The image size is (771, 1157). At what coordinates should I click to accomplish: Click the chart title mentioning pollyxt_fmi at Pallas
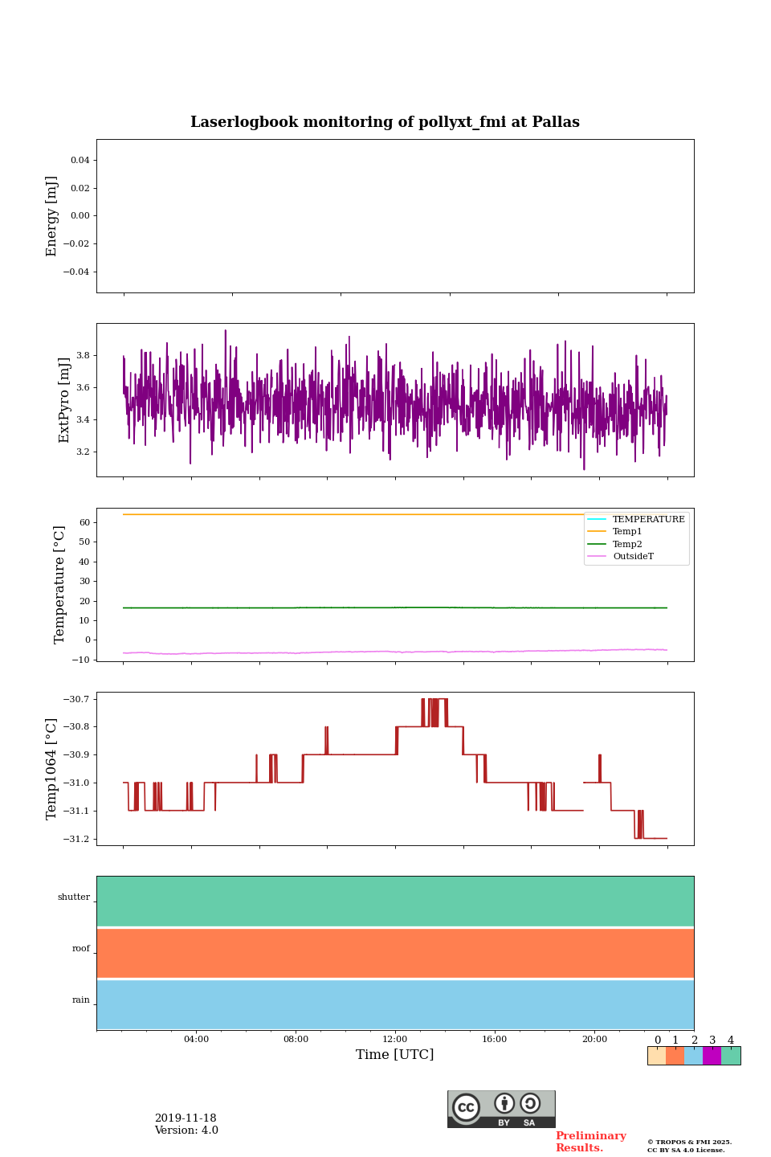pyautogui.click(x=385, y=122)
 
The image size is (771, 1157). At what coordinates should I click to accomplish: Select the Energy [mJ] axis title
pyautogui.click(x=52, y=216)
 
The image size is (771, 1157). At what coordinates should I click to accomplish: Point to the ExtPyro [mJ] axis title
pyautogui.click(x=64, y=400)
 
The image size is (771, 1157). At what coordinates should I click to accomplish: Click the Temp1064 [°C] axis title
pyautogui.click(x=52, y=769)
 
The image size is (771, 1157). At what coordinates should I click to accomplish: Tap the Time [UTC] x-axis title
pyautogui.click(x=394, y=1054)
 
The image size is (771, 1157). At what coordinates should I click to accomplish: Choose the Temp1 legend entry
pyautogui.click(x=627, y=532)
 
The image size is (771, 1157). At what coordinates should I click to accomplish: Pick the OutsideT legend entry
pyautogui.click(x=633, y=556)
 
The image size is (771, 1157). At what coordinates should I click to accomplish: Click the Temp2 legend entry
pyautogui.click(x=627, y=544)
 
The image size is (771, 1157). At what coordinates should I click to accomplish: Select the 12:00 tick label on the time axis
pyautogui.click(x=395, y=1039)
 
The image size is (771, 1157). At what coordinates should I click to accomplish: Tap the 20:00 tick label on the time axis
pyautogui.click(x=594, y=1039)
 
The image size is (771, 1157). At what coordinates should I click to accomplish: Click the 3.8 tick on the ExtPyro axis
pyautogui.click(x=83, y=355)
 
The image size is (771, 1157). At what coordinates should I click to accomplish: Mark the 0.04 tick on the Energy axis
pyautogui.click(x=80, y=160)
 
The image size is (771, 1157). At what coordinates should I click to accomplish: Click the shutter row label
pyautogui.click(x=74, y=897)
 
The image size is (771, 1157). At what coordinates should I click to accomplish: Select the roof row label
pyautogui.click(x=81, y=949)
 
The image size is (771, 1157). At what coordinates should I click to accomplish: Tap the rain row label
pyautogui.click(x=81, y=1000)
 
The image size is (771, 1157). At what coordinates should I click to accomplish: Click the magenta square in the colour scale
pyautogui.click(x=712, y=1056)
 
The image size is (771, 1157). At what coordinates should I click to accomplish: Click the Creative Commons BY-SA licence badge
pyautogui.click(x=501, y=1109)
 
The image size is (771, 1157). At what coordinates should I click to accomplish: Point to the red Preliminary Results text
pyautogui.click(x=590, y=1142)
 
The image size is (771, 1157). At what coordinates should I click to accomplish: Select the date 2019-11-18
pyautogui.click(x=186, y=1118)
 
